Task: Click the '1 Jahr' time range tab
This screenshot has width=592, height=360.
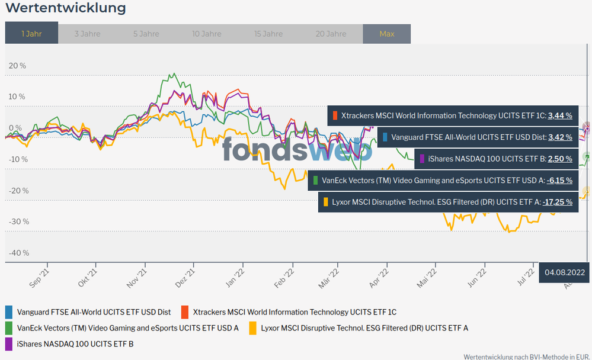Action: [x=31, y=34]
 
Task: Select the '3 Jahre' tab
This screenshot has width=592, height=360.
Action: [x=87, y=34]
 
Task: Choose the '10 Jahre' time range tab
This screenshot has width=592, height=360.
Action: [x=207, y=34]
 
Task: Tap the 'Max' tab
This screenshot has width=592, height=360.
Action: [x=386, y=34]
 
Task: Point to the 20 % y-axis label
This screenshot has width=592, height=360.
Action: [x=18, y=66]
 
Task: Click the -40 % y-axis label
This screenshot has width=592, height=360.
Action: [x=18, y=253]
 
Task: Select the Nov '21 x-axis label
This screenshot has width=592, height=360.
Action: [x=137, y=277]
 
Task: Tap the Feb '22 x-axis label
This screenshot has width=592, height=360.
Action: [x=284, y=277]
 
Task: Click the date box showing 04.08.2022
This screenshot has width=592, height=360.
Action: [x=565, y=272]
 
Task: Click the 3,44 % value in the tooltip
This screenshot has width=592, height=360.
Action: [x=560, y=116]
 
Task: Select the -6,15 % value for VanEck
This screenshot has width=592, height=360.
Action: [x=559, y=180]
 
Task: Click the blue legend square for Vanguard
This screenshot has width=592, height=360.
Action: [x=9, y=311]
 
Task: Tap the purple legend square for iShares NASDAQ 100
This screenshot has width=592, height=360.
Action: [x=9, y=343]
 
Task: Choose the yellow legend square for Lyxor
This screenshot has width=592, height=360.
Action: [x=253, y=327]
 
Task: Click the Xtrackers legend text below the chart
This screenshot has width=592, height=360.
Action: [x=295, y=311]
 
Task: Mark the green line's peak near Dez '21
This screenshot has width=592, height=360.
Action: [x=172, y=74]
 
